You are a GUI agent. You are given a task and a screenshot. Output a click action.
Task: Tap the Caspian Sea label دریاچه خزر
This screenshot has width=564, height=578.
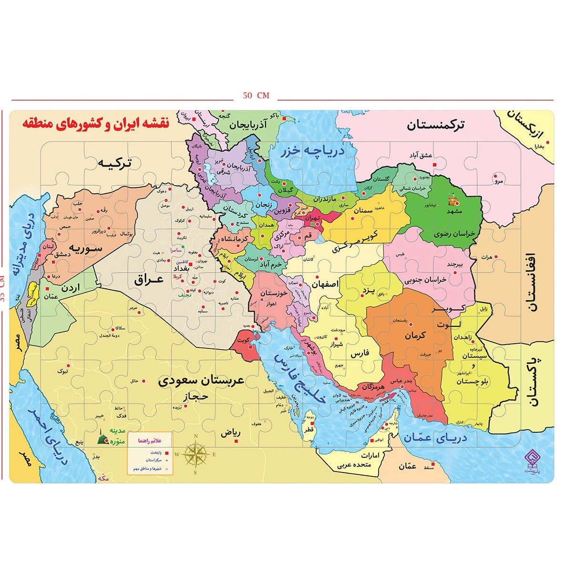[x=312, y=152]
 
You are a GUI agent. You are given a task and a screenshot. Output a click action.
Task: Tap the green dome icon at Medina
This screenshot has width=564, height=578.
[x=102, y=437]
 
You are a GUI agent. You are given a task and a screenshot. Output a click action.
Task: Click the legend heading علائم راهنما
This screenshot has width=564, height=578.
[x=150, y=441]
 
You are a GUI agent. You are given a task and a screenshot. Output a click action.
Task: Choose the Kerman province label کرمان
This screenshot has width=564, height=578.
[x=415, y=336]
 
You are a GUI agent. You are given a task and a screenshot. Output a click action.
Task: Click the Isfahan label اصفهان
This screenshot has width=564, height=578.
[x=325, y=284]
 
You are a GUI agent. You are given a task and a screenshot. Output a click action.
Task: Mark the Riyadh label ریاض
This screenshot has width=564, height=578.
[x=230, y=433]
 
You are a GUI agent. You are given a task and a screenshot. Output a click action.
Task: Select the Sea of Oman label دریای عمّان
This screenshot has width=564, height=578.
[x=435, y=438]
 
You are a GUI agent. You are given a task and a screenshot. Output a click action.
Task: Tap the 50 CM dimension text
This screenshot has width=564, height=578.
[x=256, y=95]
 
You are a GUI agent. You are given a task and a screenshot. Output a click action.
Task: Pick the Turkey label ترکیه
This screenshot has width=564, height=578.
[x=114, y=163]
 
